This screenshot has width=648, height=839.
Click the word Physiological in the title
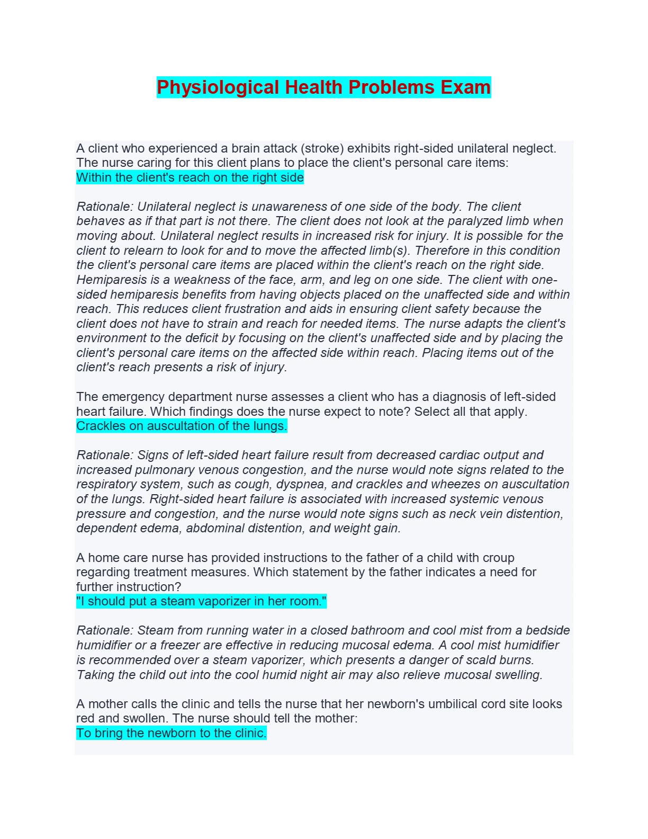[218, 87]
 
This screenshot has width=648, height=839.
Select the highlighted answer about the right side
[190, 177]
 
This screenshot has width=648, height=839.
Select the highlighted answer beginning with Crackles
[182, 426]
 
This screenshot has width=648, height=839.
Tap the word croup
[498, 558]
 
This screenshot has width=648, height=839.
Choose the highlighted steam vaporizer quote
[202, 602]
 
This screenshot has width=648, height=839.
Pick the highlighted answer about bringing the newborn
[172, 733]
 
